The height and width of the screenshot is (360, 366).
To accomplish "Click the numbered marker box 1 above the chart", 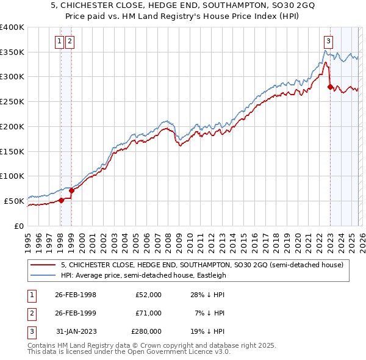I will [60, 41].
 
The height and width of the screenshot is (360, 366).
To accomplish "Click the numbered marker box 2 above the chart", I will [70, 41].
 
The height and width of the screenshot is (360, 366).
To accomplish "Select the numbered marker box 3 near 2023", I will [328, 41].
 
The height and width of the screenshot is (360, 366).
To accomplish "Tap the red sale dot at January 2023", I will [330, 87].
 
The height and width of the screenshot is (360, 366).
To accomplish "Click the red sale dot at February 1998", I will [61, 200].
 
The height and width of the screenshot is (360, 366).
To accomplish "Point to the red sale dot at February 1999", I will [71, 190].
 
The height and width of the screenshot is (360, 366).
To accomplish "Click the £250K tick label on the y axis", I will [12, 101].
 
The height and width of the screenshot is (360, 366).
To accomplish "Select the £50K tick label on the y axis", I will [14, 201].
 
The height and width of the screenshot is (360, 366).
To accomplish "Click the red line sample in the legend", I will [43, 265].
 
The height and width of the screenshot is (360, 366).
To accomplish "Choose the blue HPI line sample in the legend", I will [43, 275].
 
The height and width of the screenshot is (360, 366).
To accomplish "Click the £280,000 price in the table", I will [146, 331].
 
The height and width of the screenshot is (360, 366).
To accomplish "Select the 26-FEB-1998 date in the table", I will [76, 295].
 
